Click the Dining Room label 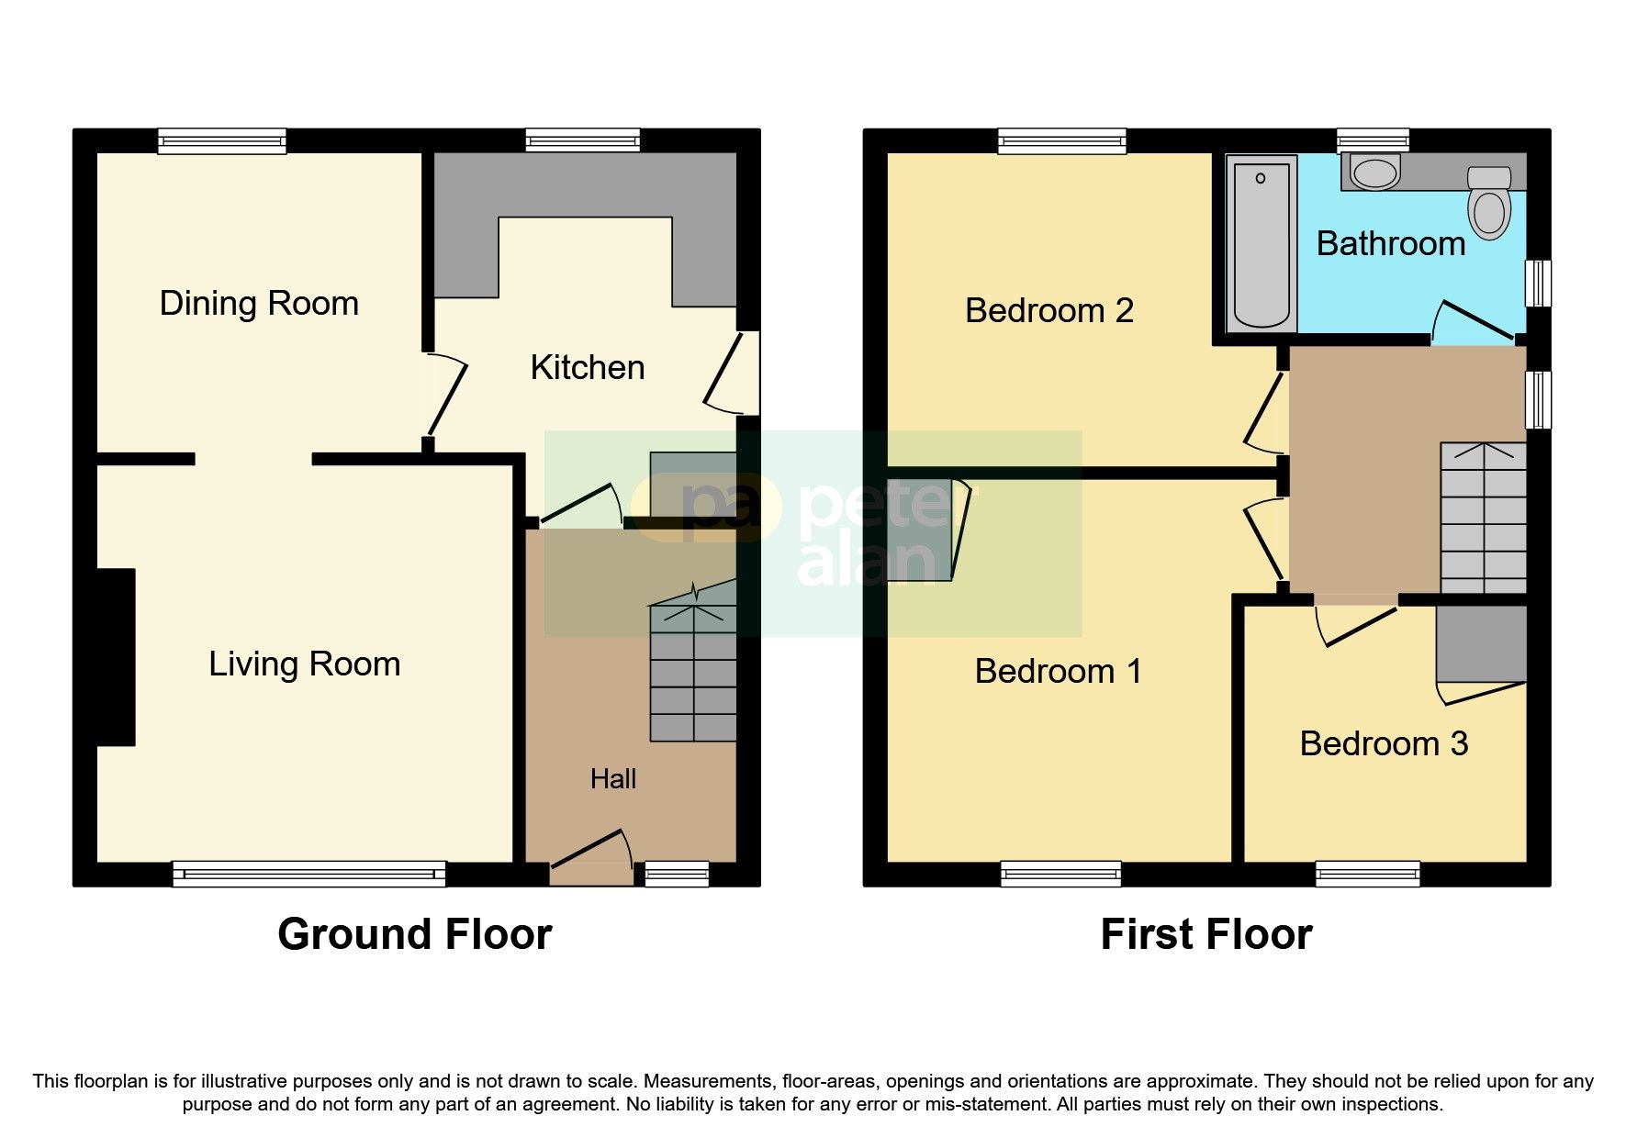[x=259, y=304]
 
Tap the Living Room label [x=304, y=664]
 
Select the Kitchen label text [x=588, y=368]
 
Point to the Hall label [x=613, y=779]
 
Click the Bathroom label [x=1391, y=244]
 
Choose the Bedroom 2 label [x=1049, y=311]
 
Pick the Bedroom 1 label [x=1059, y=672]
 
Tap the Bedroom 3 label [x=1384, y=743]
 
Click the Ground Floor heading [x=415, y=934]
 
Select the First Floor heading [x=1206, y=934]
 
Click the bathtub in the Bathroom [x=1262, y=243]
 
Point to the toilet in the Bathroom [x=1489, y=203]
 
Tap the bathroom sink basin [x=1374, y=173]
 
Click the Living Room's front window [x=309, y=874]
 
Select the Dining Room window [x=222, y=140]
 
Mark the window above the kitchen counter [x=583, y=140]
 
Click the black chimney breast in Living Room [x=117, y=657]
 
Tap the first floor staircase [x=1484, y=519]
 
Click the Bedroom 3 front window [x=1368, y=874]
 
